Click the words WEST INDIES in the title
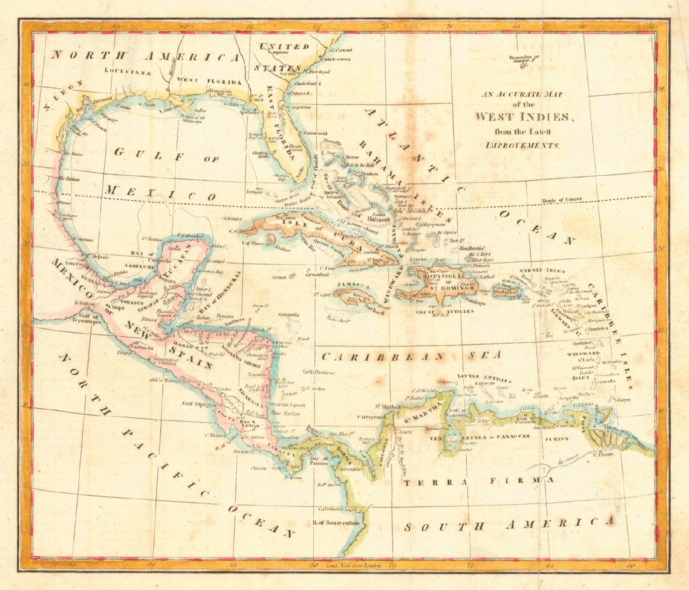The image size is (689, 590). pyautogui.click(x=522, y=117)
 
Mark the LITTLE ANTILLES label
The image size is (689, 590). pyautogui.click(x=485, y=377)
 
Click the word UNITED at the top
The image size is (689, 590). pyautogui.click(x=284, y=46)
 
